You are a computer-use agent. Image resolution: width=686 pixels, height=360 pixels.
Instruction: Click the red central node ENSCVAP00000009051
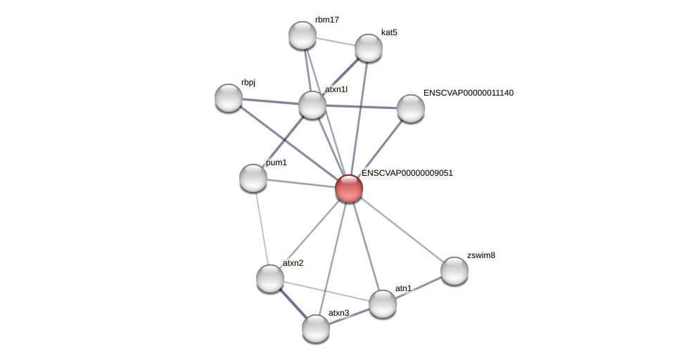(348, 188)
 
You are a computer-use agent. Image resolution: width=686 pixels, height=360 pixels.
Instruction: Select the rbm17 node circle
(303, 35)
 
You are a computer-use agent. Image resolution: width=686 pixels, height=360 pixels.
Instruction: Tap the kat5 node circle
(368, 48)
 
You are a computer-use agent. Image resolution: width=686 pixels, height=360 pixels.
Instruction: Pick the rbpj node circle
(229, 98)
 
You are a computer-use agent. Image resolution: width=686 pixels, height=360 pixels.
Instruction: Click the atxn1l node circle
(312, 105)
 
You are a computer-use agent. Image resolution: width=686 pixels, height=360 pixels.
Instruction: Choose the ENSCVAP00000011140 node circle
(410, 108)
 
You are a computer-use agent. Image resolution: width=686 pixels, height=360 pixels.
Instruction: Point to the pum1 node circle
(253, 178)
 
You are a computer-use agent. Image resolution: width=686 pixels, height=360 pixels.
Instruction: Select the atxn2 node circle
(270, 278)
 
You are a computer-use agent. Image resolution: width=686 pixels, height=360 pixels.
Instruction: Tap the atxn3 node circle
(316, 328)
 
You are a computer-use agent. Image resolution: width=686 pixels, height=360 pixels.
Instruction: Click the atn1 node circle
(383, 304)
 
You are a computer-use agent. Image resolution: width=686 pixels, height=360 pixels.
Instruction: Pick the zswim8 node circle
(455, 271)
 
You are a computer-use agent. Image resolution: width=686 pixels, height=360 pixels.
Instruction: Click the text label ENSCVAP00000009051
(407, 173)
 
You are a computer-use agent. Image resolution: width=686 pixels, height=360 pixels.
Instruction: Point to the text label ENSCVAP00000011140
(468, 93)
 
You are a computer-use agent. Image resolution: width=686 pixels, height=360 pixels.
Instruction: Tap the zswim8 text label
(481, 255)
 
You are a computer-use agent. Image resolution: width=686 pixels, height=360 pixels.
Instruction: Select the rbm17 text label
(326, 20)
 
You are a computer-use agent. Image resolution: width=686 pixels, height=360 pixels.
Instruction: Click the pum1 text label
(276, 163)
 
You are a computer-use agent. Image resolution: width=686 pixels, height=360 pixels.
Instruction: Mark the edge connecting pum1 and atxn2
(261, 226)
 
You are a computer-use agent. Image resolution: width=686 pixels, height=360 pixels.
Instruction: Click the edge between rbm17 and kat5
(335, 41)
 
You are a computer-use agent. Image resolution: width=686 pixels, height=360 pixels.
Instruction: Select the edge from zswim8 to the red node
(401, 229)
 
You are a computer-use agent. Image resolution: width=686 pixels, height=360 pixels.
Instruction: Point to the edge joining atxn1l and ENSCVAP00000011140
(362, 107)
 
